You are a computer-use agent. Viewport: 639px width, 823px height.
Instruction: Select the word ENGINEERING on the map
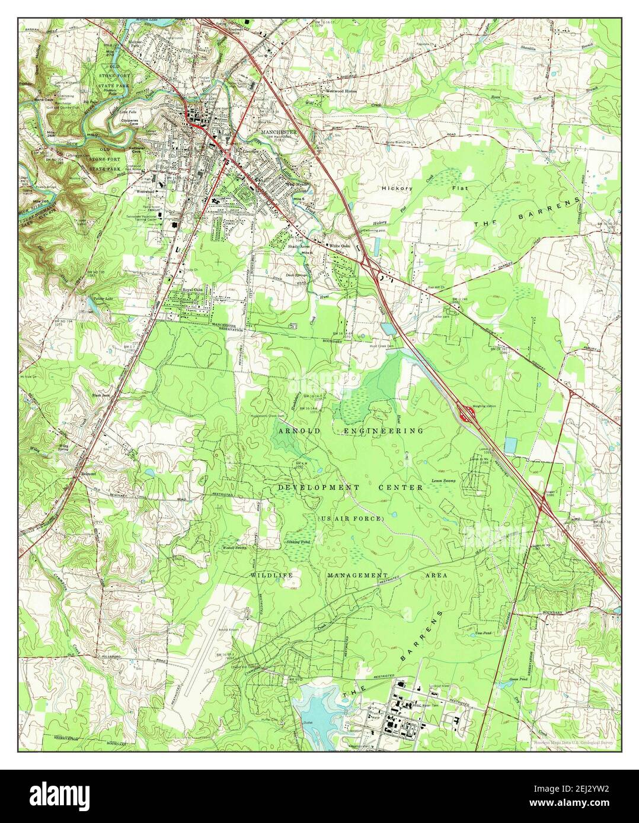384,431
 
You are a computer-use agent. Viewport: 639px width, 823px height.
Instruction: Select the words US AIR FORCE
352,519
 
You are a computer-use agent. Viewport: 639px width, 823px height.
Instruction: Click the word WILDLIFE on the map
272,575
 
